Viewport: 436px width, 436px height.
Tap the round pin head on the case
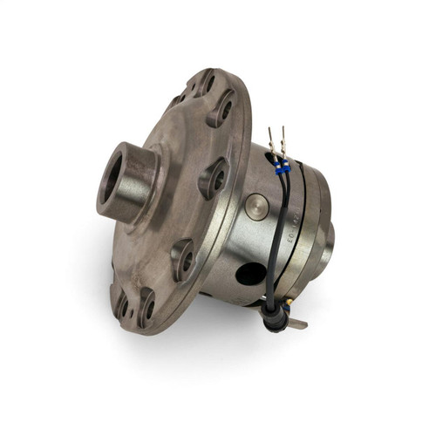255,208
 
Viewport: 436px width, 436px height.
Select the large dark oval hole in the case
251,273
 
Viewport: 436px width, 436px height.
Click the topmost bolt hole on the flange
209,83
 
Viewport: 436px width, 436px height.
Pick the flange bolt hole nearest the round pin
217,178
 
